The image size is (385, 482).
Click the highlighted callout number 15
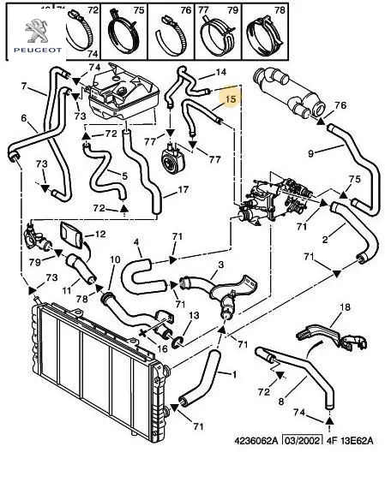pyautogui.click(x=231, y=99)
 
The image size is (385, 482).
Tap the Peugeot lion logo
pyautogui.click(x=36, y=31)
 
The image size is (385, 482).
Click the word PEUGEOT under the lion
pyautogui.click(x=38, y=50)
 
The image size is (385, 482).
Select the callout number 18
pyautogui.click(x=346, y=307)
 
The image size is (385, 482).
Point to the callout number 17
pyautogui.click(x=183, y=189)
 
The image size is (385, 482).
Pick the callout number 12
pyautogui.click(x=100, y=235)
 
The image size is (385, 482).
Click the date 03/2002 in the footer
pyautogui.click(x=303, y=441)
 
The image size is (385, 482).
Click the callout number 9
pyautogui.click(x=310, y=153)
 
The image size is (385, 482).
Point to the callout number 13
pyautogui.click(x=194, y=315)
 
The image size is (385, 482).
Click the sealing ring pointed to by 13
pyautogui.click(x=177, y=342)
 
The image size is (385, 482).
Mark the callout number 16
pyautogui.click(x=162, y=348)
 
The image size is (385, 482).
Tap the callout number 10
pyautogui.click(x=115, y=260)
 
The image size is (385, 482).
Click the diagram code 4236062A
pyautogui.click(x=256, y=441)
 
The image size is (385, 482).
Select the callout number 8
pyautogui.click(x=281, y=402)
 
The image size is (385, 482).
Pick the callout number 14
pyautogui.click(x=220, y=72)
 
